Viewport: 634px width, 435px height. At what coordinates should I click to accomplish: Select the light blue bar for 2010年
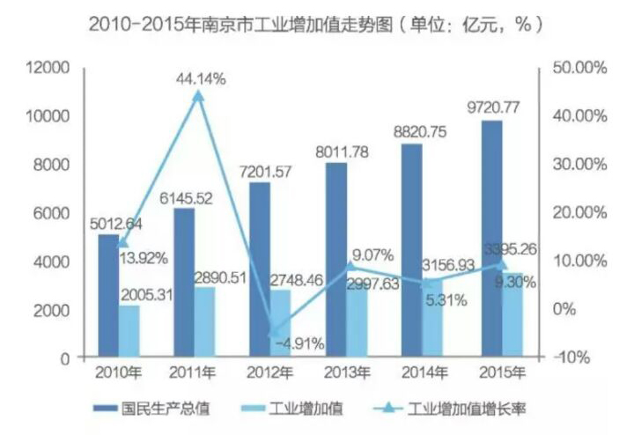(x=129, y=331)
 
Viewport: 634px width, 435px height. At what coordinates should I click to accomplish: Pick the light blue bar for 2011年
(x=203, y=322)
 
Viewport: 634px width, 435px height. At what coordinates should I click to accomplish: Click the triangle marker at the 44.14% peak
(x=198, y=95)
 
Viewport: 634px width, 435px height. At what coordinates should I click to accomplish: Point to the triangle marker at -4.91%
(x=276, y=333)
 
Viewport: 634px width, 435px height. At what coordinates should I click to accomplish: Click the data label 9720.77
(x=492, y=109)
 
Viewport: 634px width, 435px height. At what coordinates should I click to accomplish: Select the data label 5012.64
(x=119, y=221)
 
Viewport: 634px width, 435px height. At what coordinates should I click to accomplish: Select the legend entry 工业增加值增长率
(x=467, y=409)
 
